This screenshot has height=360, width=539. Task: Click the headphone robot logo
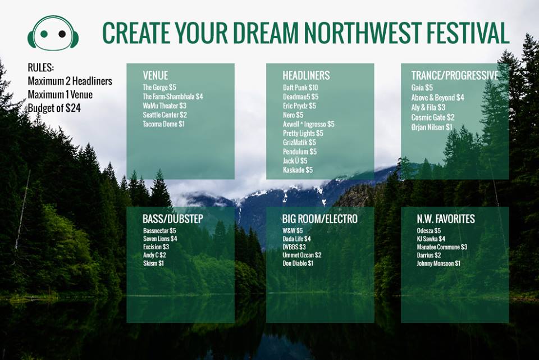tap(53, 33)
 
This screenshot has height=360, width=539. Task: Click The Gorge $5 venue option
tap(159, 88)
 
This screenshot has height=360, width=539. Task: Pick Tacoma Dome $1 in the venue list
tap(163, 124)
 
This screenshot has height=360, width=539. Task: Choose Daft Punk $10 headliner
tap(300, 88)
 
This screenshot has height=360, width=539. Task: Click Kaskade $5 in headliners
tap(298, 170)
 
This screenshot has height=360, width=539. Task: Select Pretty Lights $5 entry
tap(303, 133)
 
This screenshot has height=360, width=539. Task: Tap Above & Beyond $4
tap(438, 97)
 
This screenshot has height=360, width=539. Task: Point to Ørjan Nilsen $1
tap(432, 127)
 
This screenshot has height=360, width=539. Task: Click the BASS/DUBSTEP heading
tap(173, 219)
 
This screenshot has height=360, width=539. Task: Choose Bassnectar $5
tap(159, 231)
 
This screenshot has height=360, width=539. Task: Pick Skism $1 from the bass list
tap(153, 263)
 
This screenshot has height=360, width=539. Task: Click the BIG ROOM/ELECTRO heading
tap(320, 219)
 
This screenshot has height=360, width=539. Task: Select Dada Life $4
tap(297, 239)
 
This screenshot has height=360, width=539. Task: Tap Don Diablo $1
tap(298, 263)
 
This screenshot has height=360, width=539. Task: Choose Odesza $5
tap(429, 231)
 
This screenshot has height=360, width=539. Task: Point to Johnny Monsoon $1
tap(438, 263)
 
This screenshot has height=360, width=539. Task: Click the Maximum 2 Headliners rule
tap(70, 81)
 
